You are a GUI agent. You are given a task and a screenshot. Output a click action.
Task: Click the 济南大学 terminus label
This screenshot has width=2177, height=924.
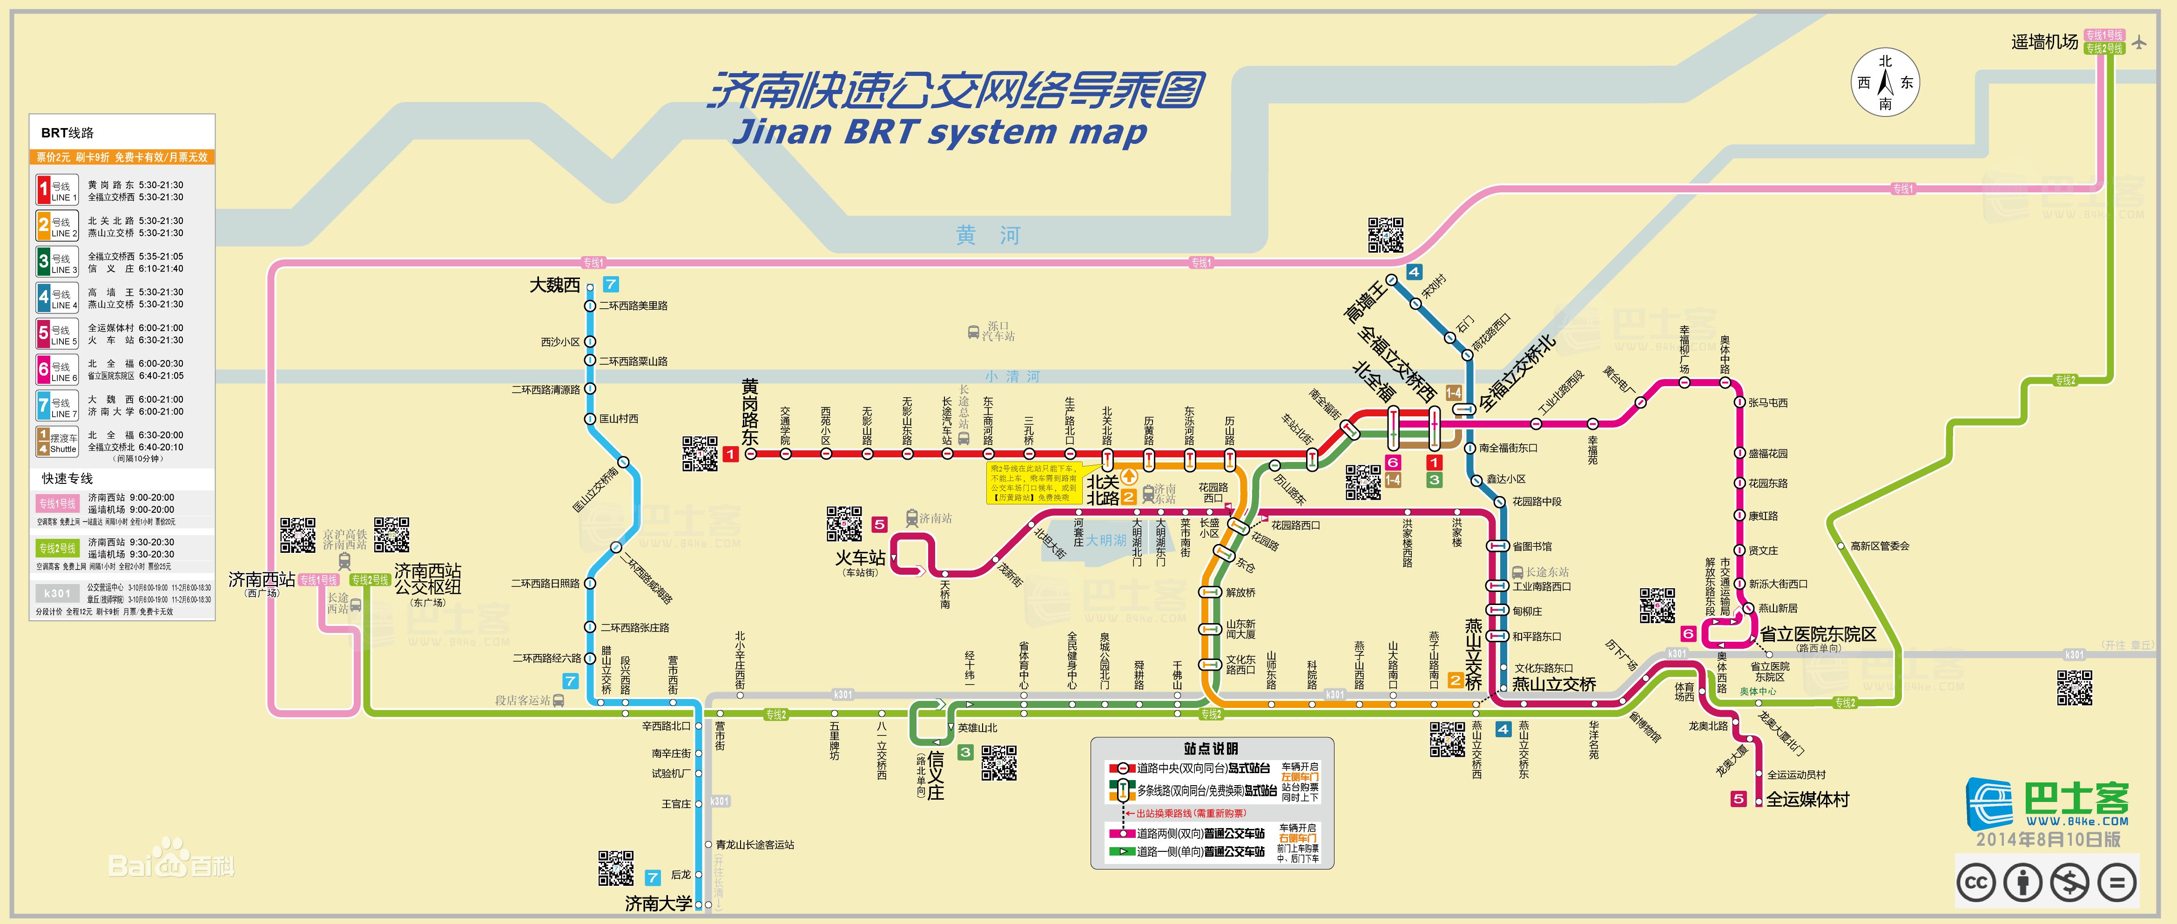point(658,904)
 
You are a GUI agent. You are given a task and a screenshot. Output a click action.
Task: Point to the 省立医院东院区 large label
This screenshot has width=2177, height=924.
point(1818,634)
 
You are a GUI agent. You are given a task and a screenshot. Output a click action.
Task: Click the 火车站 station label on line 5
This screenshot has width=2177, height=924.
point(860,558)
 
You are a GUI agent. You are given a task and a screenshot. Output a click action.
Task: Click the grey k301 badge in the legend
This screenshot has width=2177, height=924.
point(57,593)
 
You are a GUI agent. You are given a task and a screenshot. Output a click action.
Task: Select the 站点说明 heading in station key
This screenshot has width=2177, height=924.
point(1211,748)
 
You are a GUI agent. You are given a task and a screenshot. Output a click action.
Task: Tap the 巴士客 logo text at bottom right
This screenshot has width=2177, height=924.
point(2076,799)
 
